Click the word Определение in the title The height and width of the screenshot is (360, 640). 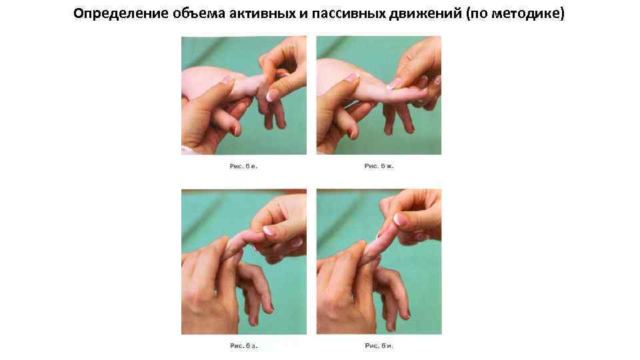coord(120,14)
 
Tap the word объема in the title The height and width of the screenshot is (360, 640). coord(198,14)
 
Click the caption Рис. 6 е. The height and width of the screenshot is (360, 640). coord(244,166)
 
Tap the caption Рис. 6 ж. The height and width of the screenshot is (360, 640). coord(379,166)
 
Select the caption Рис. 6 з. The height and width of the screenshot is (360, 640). coord(244,346)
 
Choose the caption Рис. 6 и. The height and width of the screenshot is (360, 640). coord(379,346)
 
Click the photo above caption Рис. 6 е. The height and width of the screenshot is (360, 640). coord(244,95)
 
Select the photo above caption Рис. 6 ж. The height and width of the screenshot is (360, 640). coord(379,95)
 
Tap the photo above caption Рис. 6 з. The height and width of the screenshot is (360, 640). coord(244,261)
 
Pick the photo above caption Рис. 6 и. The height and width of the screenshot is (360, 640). coord(379,261)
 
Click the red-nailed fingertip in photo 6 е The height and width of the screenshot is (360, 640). coord(233,131)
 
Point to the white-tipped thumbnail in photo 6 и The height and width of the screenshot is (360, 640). coord(400,219)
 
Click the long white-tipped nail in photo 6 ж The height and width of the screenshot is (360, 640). coord(394,84)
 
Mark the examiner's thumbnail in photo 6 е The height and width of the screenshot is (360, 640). coord(272,95)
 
